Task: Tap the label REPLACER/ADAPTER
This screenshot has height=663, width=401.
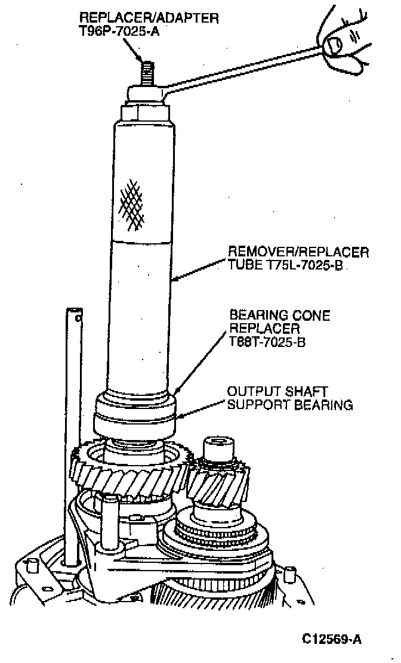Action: (149, 17)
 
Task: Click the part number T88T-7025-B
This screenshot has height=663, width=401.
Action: (268, 342)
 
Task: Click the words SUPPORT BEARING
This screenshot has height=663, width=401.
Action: (290, 405)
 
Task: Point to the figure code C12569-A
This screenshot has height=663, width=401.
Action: (332, 640)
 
